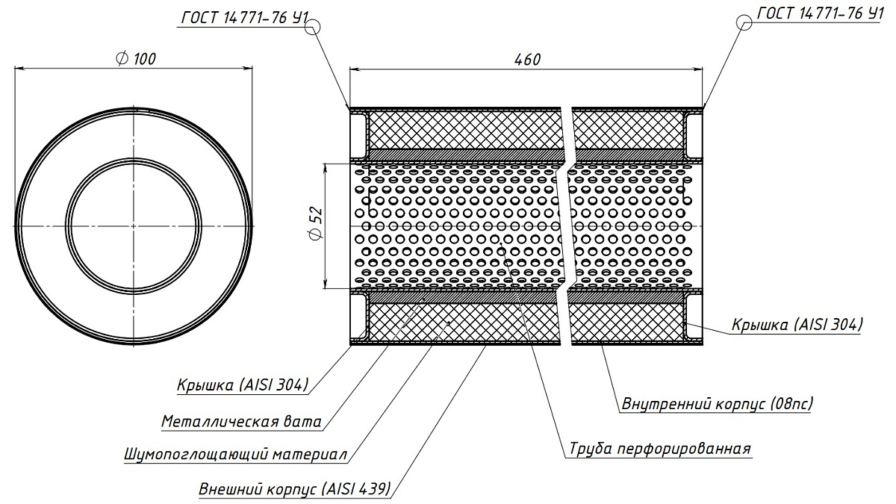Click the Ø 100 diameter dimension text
(x=136, y=59)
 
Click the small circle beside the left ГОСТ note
(x=313, y=26)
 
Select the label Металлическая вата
(x=241, y=422)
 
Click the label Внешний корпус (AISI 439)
(x=294, y=491)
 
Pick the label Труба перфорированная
(x=659, y=449)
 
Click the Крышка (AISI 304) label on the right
(x=797, y=325)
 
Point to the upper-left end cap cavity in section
(x=358, y=132)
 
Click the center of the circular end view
(x=134, y=225)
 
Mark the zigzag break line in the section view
(x=568, y=225)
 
